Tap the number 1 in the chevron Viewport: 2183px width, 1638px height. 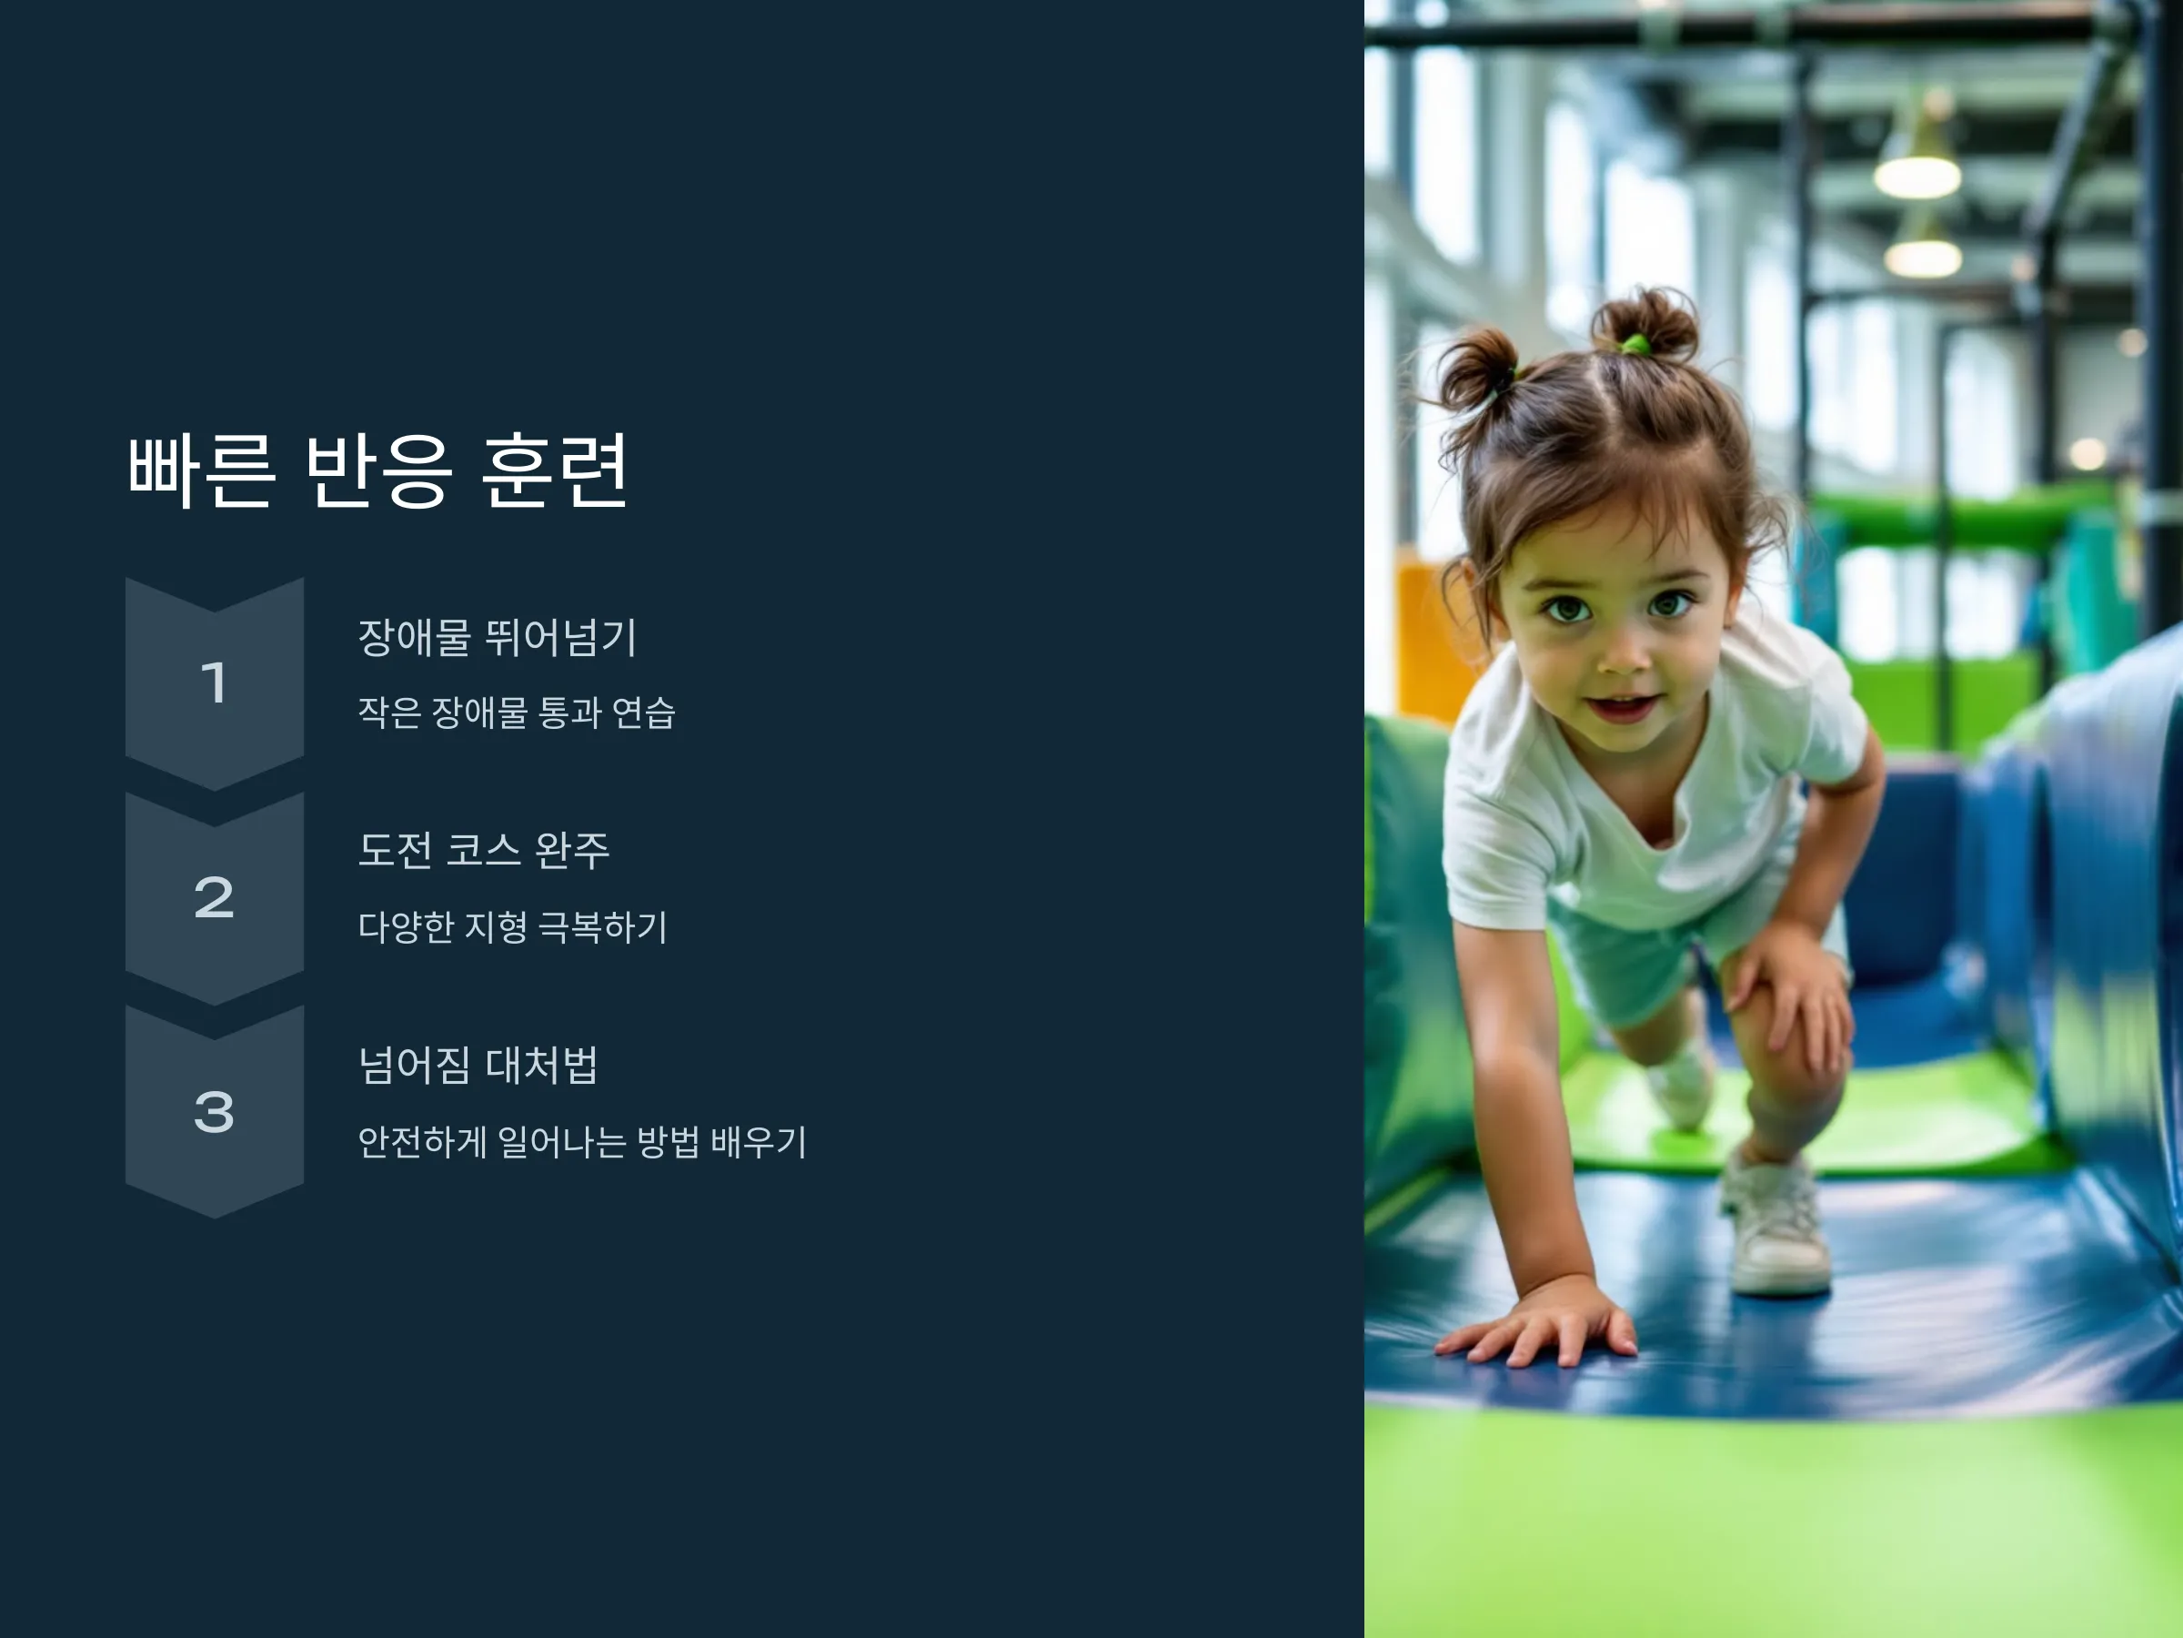pyautogui.click(x=214, y=683)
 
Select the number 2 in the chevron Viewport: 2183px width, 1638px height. pyautogui.click(x=214, y=897)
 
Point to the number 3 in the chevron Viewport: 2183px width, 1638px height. pyautogui.click(x=214, y=1112)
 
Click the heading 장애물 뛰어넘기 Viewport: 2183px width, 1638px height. pyautogui.click(x=498, y=637)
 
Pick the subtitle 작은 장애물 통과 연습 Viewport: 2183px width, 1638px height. pyautogui.click(x=516, y=712)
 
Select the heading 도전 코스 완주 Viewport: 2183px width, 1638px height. pyautogui.click(x=484, y=850)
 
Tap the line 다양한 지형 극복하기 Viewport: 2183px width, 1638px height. pyautogui.click(x=513, y=927)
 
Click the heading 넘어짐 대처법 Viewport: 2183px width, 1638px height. pyautogui.click(x=478, y=1066)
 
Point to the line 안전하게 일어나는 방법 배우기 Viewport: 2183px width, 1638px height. pyautogui.click(x=582, y=1142)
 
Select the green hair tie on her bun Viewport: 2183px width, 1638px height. pyautogui.click(x=1635, y=345)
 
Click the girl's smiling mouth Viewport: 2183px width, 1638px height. pyautogui.click(x=1622, y=705)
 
